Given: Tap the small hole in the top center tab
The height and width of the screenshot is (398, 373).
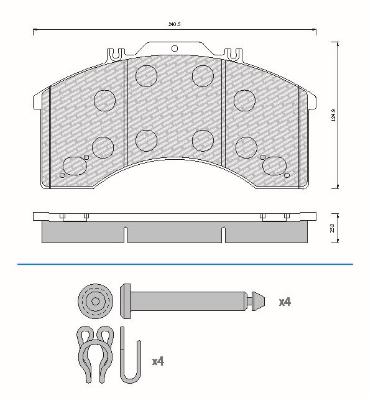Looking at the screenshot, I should pos(174,48).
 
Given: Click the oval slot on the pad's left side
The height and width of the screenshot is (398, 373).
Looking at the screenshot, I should pos(75,166).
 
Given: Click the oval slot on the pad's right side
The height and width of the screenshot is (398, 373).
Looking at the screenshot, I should pos(274,166).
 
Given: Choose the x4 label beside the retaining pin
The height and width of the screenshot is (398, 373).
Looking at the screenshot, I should pos(284,302).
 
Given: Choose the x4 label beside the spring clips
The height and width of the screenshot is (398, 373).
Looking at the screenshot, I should pos(159,361).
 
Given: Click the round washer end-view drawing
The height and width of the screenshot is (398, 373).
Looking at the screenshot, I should pos(95,302).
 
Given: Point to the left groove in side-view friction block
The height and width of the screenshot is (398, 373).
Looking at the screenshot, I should pos(126,235).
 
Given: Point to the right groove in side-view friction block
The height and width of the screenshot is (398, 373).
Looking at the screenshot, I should pos(223,235).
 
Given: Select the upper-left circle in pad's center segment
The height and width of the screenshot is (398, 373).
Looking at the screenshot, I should pos(147,75).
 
